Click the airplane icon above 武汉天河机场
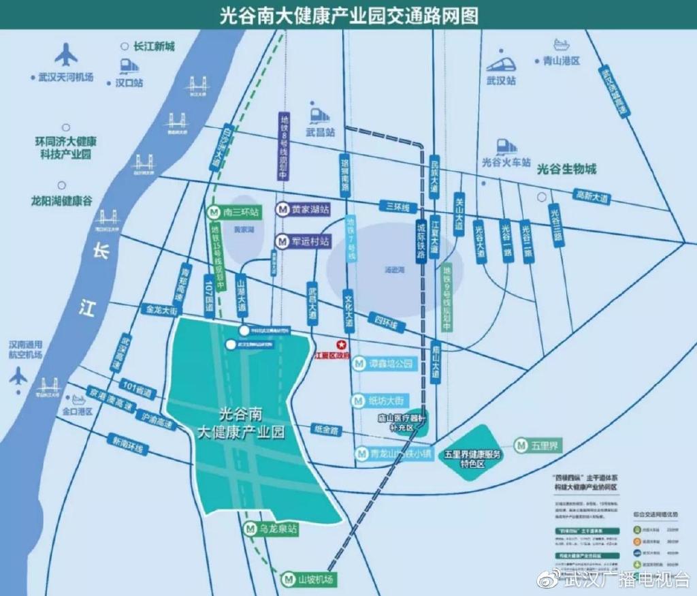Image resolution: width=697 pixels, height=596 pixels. [66, 54]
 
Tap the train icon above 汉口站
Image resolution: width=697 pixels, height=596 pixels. [128, 66]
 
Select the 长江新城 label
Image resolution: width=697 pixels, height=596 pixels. [154, 46]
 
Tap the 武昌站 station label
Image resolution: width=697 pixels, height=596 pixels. [321, 133]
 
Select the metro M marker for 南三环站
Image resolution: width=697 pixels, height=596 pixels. [214, 212]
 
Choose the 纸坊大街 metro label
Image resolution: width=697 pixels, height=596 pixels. [387, 400]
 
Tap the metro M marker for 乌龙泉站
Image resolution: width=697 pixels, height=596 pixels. [249, 528]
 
